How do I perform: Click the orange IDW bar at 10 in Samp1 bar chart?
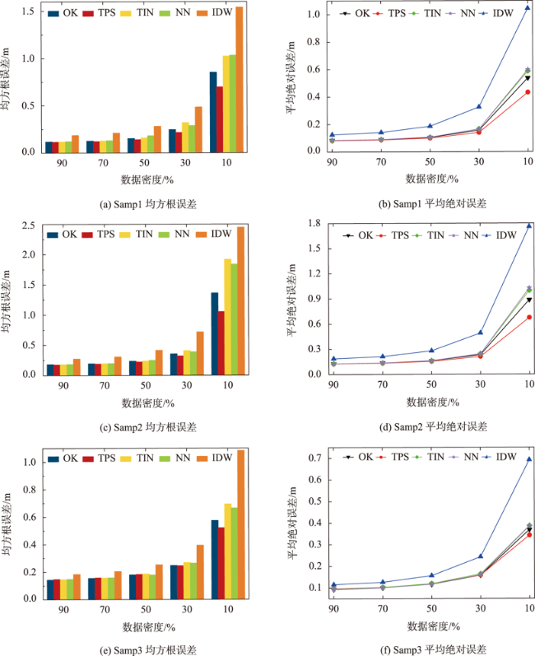(240, 80)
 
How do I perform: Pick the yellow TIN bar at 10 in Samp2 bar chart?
(227, 317)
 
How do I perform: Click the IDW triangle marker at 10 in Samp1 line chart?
(527, 8)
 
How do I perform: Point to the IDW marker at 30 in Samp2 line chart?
(479, 333)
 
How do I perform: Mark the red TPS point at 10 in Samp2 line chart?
(527, 317)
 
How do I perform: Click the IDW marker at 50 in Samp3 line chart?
(430, 576)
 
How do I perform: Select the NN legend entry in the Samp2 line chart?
(453, 235)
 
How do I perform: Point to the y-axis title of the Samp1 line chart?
(291, 79)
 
